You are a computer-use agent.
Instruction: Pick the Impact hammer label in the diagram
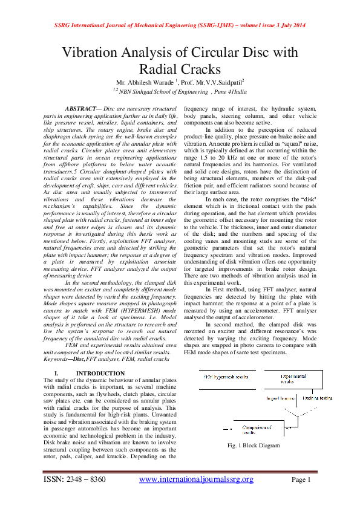(x=280, y=398)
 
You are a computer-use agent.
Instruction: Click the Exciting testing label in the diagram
(x=318, y=398)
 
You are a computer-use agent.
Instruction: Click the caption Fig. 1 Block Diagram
(x=253, y=446)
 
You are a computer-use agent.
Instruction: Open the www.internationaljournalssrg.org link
(x=196, y=479)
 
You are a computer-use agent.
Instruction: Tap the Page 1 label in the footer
(x=301, y=479)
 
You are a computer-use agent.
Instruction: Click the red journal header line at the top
(x=180, y=26)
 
